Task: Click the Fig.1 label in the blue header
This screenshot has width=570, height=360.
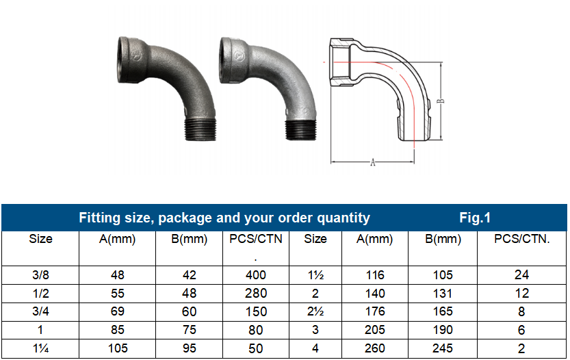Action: coord(475,218)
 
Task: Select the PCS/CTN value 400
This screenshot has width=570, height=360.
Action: coord(257,275)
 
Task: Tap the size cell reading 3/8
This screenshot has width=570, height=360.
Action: coord(40,275)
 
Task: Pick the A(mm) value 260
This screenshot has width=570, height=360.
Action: coord(374,348)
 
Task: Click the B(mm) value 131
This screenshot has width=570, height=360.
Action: coord(443,294)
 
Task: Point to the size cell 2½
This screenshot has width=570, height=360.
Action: coord(315,312)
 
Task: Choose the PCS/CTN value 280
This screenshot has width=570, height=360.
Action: coord(257,294)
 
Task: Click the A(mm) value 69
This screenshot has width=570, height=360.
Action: coord(117,312)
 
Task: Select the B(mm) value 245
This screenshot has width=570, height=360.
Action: coord(443,348)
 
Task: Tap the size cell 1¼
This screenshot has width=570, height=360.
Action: coord(40,348)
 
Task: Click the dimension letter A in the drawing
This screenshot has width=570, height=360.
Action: coord(372,163)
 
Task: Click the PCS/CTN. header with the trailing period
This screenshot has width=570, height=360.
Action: coord(522,240)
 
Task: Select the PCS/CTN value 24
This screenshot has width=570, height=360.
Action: coord(522,275)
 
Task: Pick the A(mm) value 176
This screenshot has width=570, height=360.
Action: coord(374,312)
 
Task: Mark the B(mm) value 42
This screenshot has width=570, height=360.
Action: coord(190,275)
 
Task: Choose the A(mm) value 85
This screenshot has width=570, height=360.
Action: coord(117,330)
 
